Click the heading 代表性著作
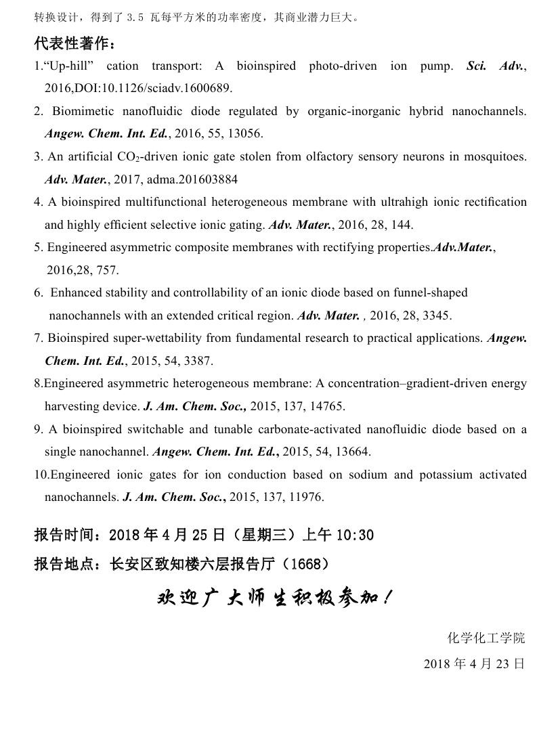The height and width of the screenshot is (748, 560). click(x=74, y=45)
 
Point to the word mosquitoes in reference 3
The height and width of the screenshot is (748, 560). click(x=496, y=156)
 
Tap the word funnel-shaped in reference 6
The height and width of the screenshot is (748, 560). click(x=434, y=292)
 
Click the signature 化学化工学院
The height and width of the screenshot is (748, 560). click(x=486, y=638)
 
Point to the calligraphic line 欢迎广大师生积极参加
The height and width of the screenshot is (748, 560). click(x=274, y=598)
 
